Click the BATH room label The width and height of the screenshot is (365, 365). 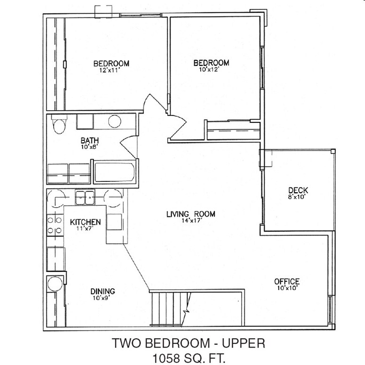point(89,140)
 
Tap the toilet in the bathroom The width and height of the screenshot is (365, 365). point(59,126)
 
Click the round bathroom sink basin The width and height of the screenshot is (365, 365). point(115,122)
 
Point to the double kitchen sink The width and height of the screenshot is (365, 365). point(85,197)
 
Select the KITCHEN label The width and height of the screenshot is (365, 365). point(85,222)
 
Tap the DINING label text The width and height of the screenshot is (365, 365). point(103,291)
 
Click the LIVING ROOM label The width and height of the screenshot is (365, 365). point(191,214)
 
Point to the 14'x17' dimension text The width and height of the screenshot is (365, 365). point(191,220)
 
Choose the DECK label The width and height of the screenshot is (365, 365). point(298,190)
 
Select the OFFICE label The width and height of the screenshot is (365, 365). point(287,282)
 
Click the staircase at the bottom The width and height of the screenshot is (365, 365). point(170,308)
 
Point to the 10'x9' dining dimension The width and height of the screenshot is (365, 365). point(103,298)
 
